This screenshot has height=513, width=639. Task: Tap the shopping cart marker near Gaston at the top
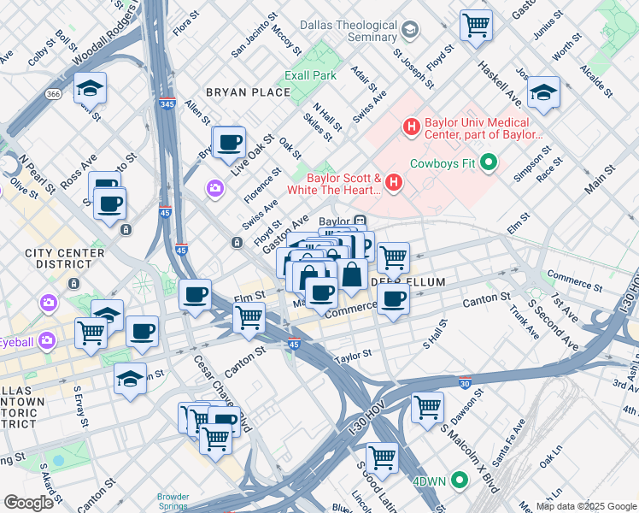tap(476, 24)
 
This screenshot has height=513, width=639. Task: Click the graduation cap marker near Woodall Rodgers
tap(88, 89)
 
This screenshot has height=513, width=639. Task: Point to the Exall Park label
tap(312, 75)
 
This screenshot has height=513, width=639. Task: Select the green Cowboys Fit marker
tap(489, 162)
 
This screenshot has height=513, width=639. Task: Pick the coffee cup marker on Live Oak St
tap(228, 143)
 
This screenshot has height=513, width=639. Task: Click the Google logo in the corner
tap(28, 502)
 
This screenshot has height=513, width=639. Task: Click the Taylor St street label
tap(354, 355)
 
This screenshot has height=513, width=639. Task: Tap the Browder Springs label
tap(173, 501)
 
